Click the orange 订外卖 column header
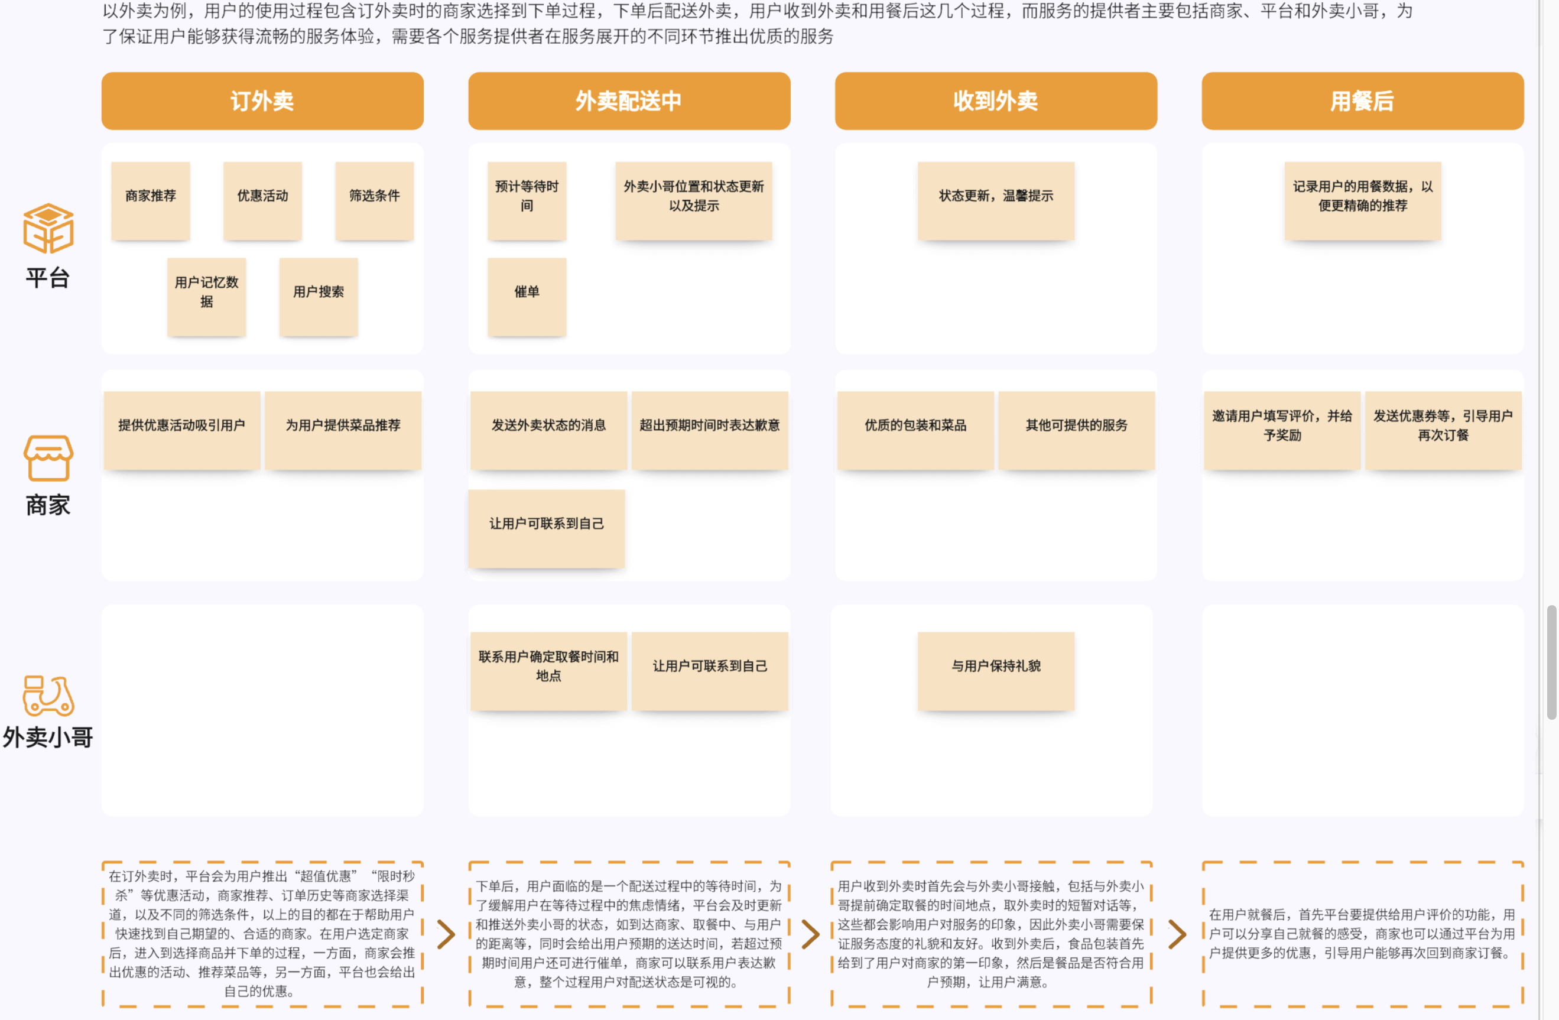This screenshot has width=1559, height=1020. [x=262, y=101]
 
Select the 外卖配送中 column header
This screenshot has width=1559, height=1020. [x=629, y=101]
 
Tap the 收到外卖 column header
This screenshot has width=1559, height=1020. [x=996, y=101]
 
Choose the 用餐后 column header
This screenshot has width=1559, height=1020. [x=1362, y=101]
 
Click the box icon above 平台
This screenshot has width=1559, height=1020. [x=48, y=228]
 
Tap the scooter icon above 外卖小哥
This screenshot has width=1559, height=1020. [x=48, y=695]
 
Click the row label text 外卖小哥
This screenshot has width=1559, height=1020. [x=48, y=737]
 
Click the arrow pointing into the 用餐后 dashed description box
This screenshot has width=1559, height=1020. [x=1177, y=934]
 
